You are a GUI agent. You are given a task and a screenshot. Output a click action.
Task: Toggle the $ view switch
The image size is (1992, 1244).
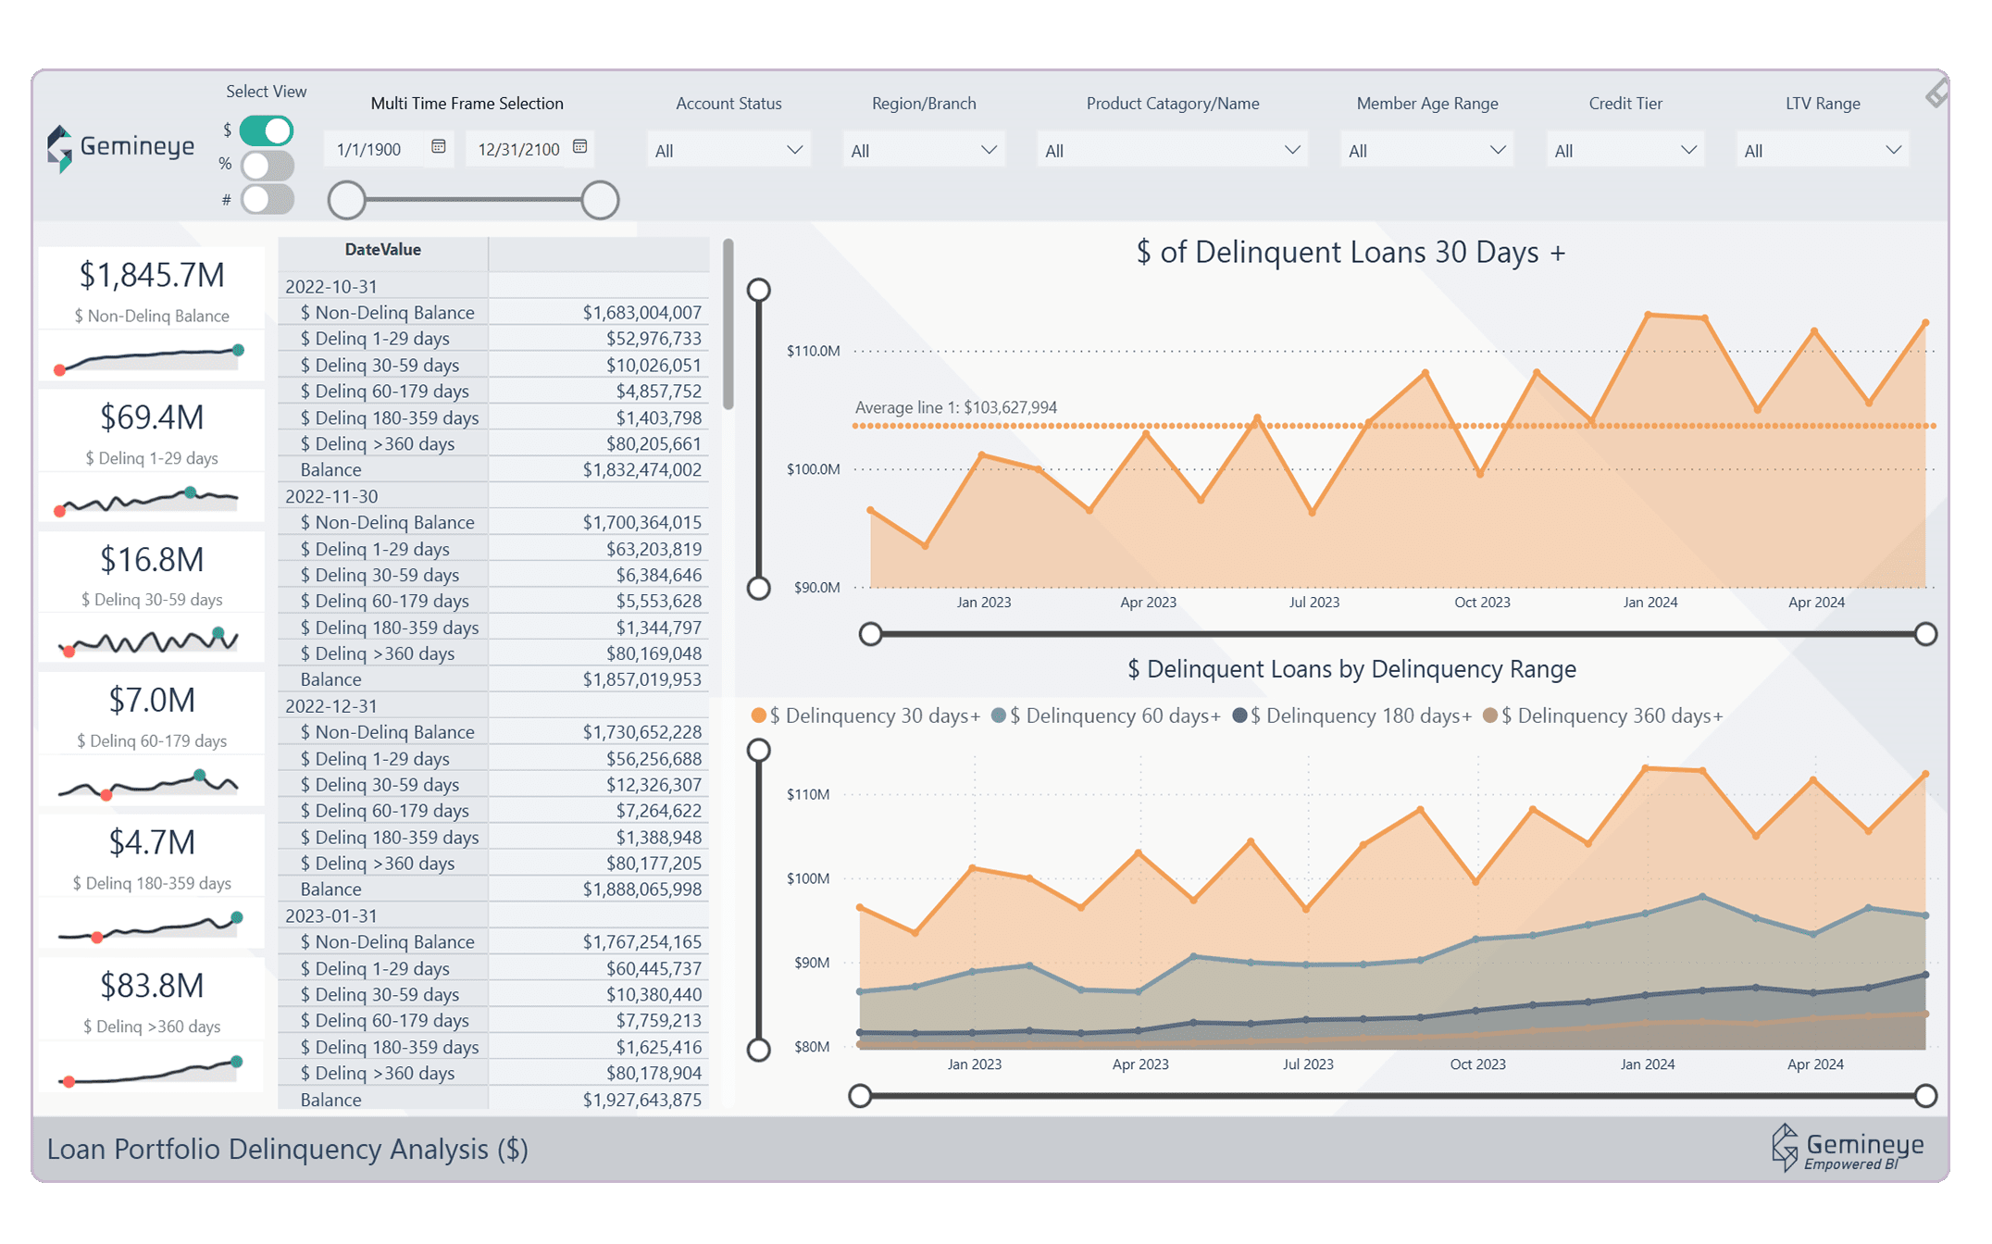point(267,131)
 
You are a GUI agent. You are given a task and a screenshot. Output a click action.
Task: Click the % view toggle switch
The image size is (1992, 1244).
point(267,165)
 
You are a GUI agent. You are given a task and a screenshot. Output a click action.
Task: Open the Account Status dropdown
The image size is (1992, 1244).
point(728,150)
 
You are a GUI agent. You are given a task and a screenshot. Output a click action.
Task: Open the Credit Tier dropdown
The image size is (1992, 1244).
point(1625,150)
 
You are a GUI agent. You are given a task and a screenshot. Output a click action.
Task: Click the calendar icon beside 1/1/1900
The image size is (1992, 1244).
point(439,147)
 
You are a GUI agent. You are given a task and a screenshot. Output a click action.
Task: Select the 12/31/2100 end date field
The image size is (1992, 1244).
point(518,149)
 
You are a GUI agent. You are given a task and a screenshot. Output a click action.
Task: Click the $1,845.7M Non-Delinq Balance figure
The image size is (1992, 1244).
point(152,275)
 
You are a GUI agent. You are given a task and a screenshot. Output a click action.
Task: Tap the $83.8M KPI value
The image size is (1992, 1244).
point(152,986)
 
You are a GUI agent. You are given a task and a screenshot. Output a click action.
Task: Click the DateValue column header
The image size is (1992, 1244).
point(382,250)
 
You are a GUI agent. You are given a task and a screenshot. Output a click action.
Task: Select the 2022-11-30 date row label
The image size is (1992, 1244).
point(331,496)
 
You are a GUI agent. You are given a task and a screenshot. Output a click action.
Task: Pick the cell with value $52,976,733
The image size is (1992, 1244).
point(654,339)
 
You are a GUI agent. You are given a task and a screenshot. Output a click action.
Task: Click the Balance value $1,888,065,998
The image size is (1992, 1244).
point(641,889)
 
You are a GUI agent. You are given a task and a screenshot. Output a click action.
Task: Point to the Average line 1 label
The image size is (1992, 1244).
point(955,407)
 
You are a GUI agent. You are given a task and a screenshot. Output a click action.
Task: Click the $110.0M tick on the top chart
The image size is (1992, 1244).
point(813,351)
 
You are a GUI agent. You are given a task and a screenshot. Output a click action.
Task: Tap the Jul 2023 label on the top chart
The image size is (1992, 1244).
point(1314,603)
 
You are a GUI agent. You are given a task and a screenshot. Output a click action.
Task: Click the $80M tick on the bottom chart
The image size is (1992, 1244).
point(811,1047)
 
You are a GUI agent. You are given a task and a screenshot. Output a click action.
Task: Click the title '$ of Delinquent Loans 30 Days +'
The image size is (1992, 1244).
point(1351,252)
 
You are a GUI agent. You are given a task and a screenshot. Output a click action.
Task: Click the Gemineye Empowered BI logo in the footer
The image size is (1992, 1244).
point(1848,1149)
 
